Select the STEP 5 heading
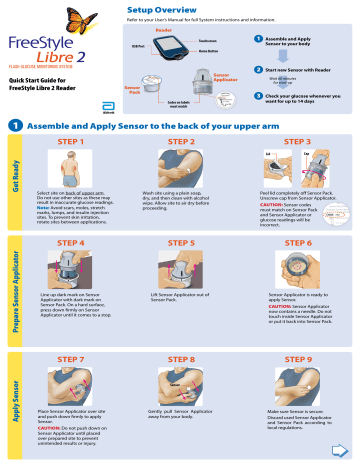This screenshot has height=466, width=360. coord(181,243)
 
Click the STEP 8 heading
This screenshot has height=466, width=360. coord(181,358)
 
